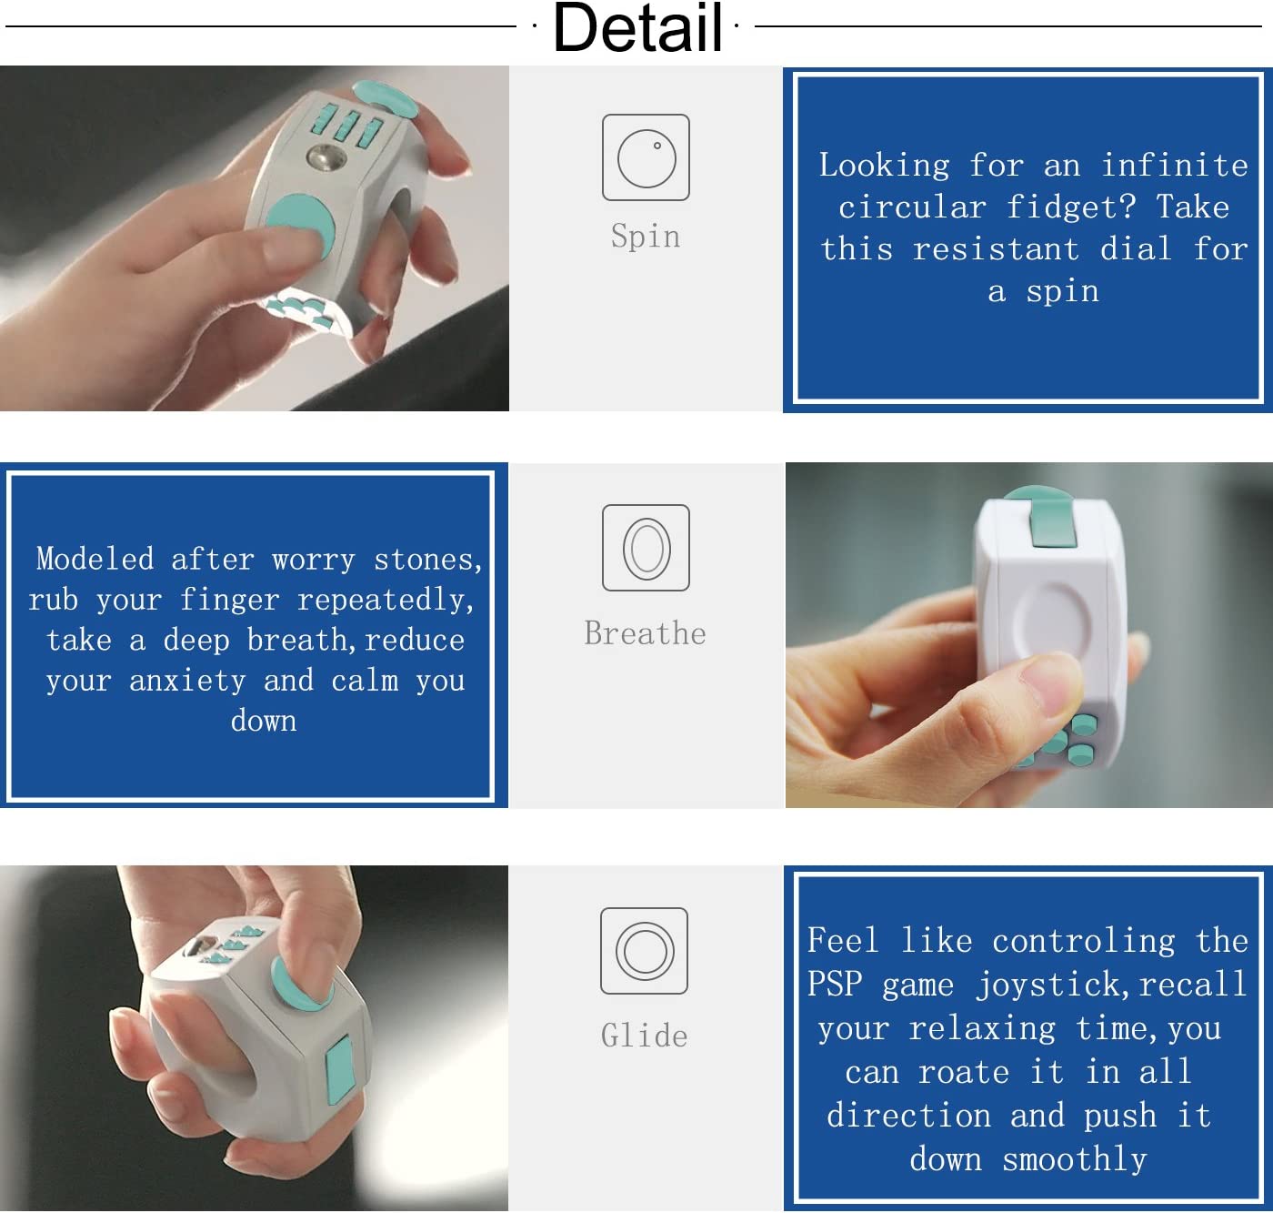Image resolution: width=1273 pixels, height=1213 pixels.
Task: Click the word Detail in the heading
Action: pyautogui.click(x=637, y=27)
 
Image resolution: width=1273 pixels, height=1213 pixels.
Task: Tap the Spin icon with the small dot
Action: pyautogui.click(x=646, y=157)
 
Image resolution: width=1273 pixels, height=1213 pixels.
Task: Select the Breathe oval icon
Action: pyautogui.click(x=646, y=548)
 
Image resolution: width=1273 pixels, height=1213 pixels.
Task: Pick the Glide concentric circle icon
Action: pyautogui.click(x=644, y=951)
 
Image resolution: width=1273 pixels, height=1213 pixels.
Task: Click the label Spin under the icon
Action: pyautogui.click(x=646, y=236)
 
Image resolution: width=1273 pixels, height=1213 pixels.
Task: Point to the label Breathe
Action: pyautogui.click(x=645, y=633)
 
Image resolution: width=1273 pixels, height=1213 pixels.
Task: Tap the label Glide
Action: pyautogui.click(x=644, y=1036)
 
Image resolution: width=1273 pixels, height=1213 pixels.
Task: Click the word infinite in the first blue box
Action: pyautogui.click(x=1175, y=165)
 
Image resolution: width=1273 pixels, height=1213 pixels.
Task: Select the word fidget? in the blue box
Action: pyautogui.click(x=1071, y=207)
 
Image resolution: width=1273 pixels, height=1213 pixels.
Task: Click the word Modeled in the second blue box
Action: pyautogui.click(x=95, y=559)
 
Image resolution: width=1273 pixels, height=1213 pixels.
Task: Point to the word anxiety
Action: pyautogui.click(x=188, y=681)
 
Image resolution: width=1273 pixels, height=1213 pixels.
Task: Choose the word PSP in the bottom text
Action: pyautogui.click(x=835, y=984)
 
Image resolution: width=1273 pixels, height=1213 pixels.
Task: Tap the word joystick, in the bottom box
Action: pyautogui.click(x=1054, y=985)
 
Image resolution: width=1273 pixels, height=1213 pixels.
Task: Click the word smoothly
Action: pyautogui.click(x=1075, y=1158)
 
